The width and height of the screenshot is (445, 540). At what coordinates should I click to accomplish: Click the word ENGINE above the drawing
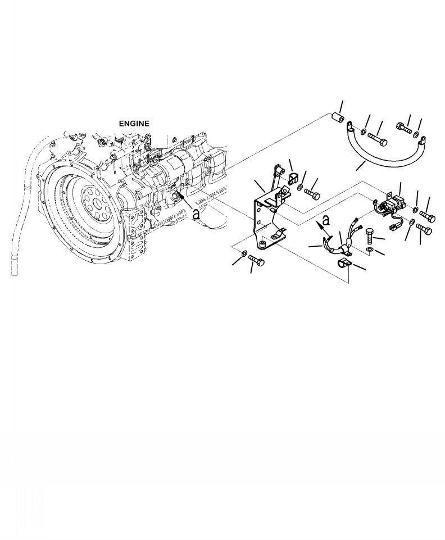134,122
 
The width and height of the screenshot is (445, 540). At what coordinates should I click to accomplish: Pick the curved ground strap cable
382,157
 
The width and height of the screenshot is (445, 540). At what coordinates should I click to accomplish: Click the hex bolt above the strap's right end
403,127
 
